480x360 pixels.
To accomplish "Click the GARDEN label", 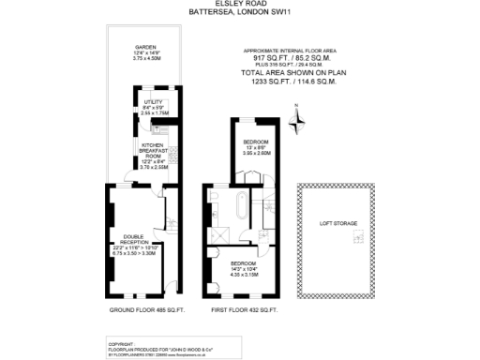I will click(144, 46).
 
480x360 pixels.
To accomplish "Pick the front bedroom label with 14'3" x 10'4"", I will click(243, 264).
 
